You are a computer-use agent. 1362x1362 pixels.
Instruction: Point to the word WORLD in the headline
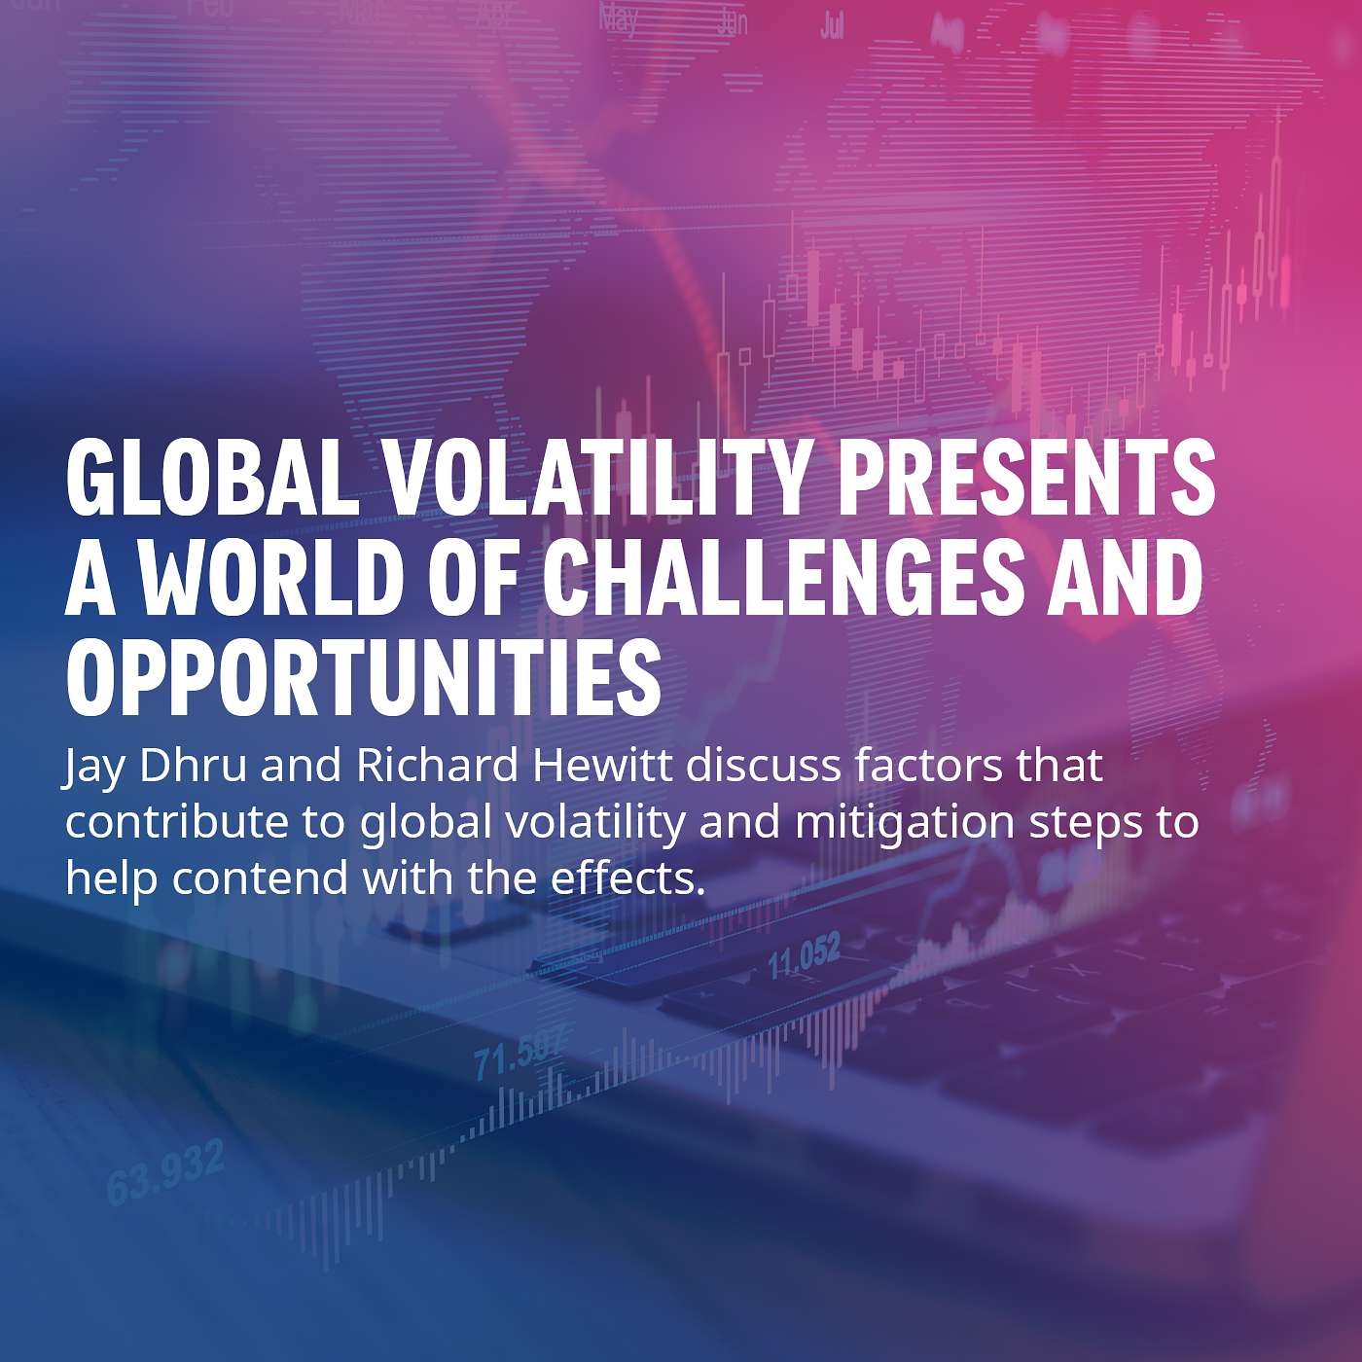coord(272,580)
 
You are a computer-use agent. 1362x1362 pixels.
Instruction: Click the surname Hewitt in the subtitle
coord(603,766)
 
